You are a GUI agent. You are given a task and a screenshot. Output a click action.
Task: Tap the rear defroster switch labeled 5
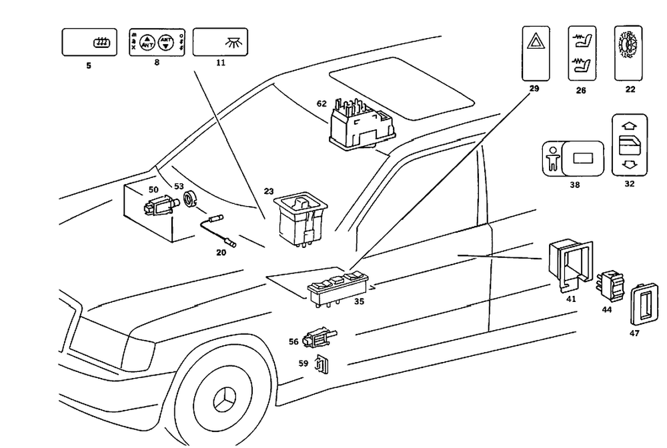pyautogui.click(x=89, y=42)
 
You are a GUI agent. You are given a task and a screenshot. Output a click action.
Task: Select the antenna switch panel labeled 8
pyautogui.click(x=156, y=43)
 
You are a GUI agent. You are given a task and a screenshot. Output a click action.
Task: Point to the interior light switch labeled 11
pyautogui.click(x=219, y=41)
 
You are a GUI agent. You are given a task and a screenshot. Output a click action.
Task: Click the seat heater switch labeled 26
pyautogui.click(x=581, y=53)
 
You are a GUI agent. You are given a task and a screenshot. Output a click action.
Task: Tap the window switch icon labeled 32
pyautogui.click(x=629, y=145)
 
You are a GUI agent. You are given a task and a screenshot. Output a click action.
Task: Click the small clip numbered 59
pyautogui.click(x=322, y=365)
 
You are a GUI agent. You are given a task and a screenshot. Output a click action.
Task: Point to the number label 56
pyautogui.click(x=293, y=341)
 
